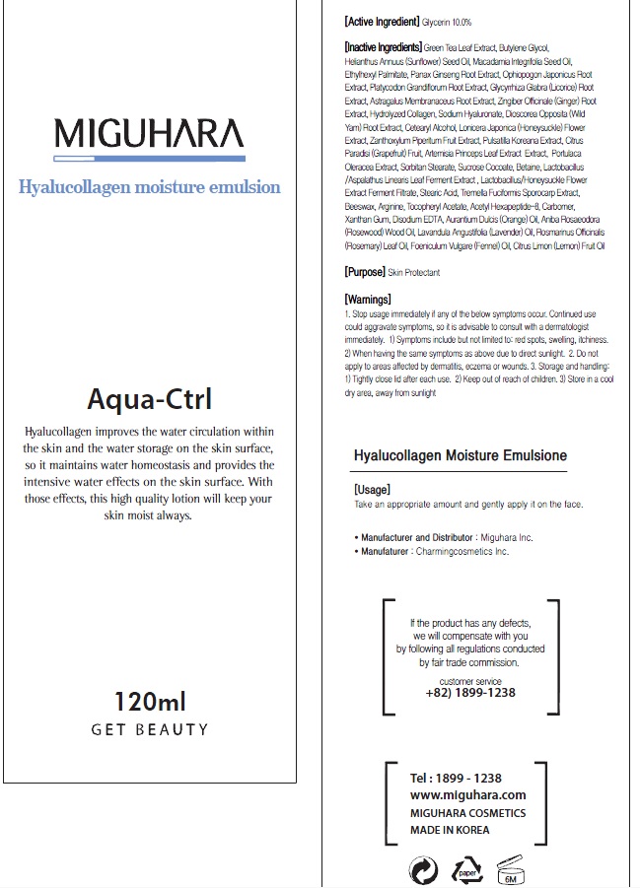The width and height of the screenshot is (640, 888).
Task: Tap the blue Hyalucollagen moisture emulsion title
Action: [x=149, y=187]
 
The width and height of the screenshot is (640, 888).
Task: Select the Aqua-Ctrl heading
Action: [x=149, y=400]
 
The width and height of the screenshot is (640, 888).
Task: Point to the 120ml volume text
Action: [x=150, y=702]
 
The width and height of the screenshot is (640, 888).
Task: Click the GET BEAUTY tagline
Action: [x=150, y=729]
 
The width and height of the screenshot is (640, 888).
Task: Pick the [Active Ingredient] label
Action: [x=382, y=21]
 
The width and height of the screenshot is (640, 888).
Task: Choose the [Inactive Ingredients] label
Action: [x=384, y=46]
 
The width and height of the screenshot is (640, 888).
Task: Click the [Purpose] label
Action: [x=364, y=272]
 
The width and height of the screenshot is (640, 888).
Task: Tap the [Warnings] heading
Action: [x=368, y=300]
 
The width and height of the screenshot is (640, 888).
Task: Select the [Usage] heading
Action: [x=372, y=490]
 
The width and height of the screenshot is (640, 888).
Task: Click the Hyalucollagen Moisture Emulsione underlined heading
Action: [x=460, y=455]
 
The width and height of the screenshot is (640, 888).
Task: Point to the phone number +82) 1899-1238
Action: [x=469, y=692]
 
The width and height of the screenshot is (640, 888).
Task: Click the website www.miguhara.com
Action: [x=467, y=794]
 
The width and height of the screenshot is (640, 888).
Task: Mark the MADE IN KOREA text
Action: [x=450, y=830]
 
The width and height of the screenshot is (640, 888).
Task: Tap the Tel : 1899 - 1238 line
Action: [x=456, y=778]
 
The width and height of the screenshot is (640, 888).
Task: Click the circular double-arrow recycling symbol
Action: [x=423, y=870]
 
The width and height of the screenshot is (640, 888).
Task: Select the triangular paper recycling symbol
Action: [x=466, y=870]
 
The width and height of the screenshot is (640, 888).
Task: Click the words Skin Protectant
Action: [x=413, y=272]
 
